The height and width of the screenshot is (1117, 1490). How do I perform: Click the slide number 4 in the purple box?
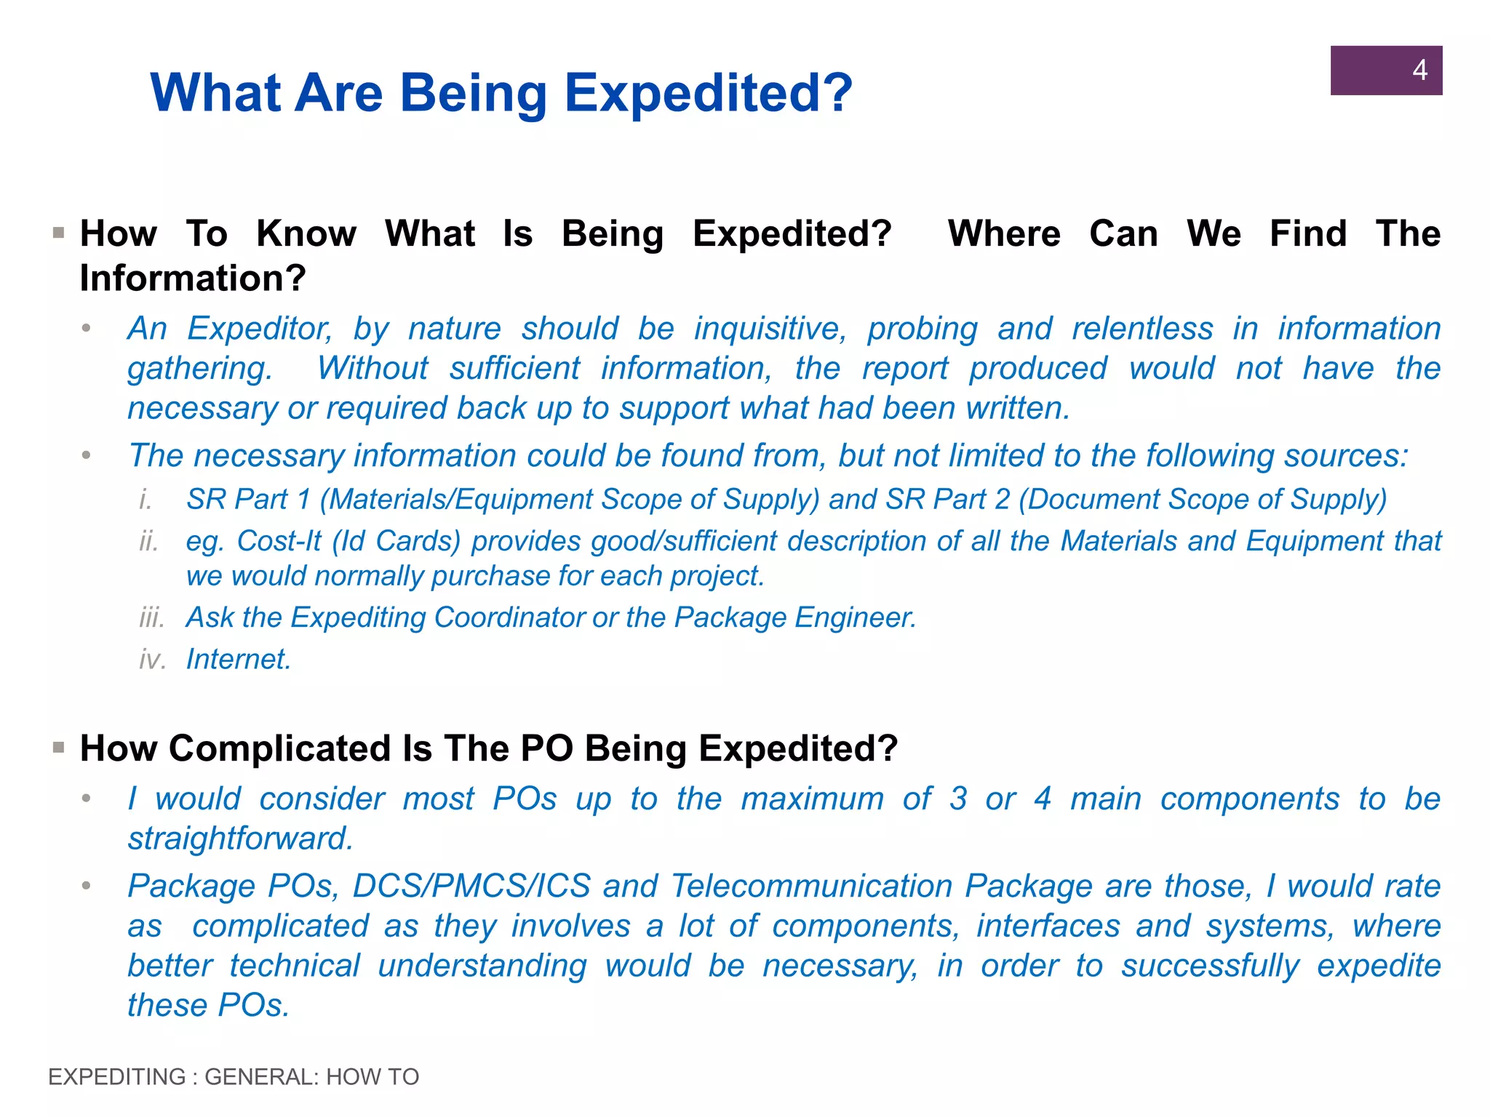[x=1419, y=71]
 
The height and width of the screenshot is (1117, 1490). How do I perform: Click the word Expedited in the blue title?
[x=708, y=93]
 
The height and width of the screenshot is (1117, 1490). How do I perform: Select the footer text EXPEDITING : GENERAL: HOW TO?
[x=234, y=1076]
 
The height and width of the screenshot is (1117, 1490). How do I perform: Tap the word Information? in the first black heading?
[x=193, y=279]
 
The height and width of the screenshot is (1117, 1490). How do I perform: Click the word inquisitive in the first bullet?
[x=770, y=329]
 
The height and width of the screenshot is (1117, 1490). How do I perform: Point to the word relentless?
[x=1142, y=329]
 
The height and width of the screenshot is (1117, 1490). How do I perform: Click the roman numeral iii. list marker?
[x=152, y=617]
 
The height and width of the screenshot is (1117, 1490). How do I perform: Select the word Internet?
[x=239, y=659]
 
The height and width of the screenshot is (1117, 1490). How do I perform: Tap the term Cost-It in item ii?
[x=279, y=541]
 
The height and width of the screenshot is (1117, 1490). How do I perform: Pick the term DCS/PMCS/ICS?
[x=471, y=886]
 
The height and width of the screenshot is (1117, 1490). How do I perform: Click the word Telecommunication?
[x=811, y=886]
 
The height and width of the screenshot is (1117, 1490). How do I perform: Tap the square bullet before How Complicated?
[x=59, y=748]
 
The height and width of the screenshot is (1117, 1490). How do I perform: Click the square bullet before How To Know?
[x=59, y=233]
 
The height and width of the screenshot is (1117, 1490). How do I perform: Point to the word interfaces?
[x=1047, y=926]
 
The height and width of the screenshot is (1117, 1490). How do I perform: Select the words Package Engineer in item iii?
[x=794, y=617]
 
